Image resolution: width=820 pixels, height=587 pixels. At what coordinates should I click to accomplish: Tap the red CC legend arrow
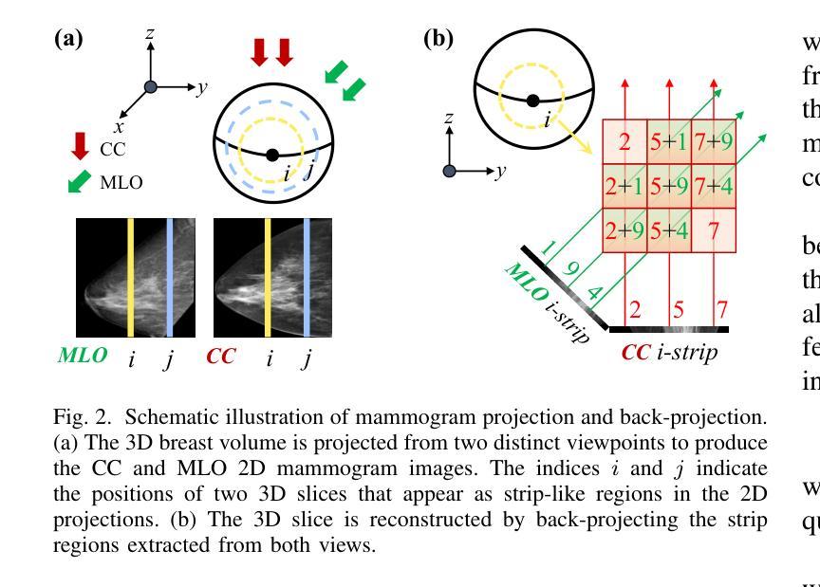[x=81, y=146]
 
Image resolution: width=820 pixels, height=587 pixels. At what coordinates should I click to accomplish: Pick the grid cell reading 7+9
[x=712, y=143]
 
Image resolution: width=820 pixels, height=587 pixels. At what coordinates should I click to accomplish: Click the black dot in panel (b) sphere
[x=533, y=101]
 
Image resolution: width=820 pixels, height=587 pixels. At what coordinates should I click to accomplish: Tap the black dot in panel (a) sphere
[x=272, y=155]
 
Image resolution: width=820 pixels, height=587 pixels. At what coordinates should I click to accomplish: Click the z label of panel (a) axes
[x=150, y=34]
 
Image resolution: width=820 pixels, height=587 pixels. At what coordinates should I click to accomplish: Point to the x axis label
[x=120, y=126]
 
